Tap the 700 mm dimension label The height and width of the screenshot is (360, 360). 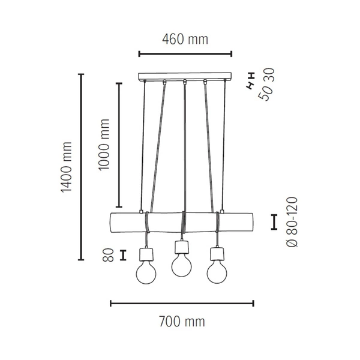point(182,322)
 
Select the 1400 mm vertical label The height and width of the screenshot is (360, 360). point(66,167)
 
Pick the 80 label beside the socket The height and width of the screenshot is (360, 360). point(109,254)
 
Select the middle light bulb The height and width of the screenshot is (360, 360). point(181,265)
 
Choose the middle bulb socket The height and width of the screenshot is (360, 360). point(181,246)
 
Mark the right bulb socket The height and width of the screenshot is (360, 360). point(217,253)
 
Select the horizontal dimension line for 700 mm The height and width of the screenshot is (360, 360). point(182,303)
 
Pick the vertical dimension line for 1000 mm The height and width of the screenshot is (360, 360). point(119,144)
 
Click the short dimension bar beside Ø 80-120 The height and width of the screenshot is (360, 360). point(274,221)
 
